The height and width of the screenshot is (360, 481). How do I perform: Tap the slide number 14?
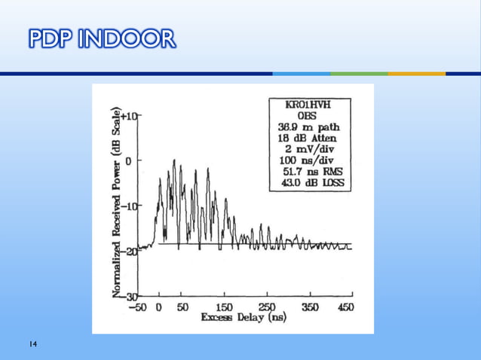(x=33, y=344)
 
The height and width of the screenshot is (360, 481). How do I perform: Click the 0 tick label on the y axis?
(x=130, y=160)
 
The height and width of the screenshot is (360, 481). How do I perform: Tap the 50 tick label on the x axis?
(x=182, y=307)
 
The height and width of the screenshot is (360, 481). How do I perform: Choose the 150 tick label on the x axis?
(x=224, y=307)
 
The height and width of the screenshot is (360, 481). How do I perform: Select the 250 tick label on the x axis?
(x=267, y=307)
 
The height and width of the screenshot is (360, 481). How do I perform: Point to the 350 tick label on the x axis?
(x=309, y=307)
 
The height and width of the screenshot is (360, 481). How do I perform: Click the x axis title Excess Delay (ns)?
(x=244, y=319)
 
